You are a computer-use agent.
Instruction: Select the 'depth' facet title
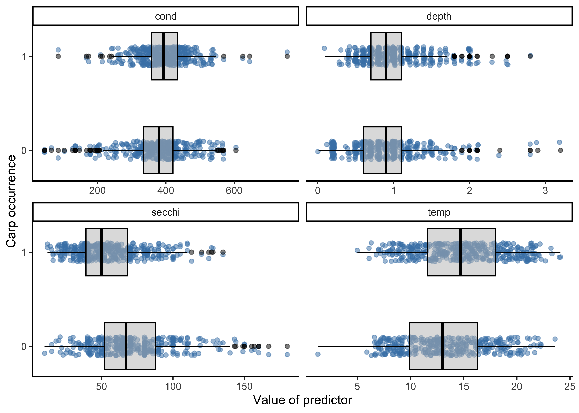(439, 17)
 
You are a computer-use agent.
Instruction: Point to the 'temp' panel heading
(439, 212)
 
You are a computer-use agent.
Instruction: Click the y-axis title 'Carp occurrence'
(11, 201)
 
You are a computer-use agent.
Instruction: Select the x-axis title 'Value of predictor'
(302, 400)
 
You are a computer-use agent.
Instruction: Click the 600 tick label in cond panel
(234, 190)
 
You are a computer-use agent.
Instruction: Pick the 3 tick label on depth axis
(545, 190)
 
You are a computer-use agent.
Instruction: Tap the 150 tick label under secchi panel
(244, 387)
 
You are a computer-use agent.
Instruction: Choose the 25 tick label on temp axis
(569, 387)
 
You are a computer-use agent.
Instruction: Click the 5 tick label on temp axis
(357, 387)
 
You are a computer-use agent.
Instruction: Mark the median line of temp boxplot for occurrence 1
(461, 252)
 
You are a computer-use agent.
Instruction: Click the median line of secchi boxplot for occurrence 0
(126, 346)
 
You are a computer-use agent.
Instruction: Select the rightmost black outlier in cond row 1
(287, 56)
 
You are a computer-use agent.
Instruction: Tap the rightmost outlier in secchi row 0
(287, 346)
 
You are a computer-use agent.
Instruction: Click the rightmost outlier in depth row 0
(560, 150)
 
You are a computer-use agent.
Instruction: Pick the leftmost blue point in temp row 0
(317, 354)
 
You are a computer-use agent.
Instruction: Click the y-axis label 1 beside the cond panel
(24, 56)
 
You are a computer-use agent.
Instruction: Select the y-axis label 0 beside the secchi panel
(24, 346)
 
